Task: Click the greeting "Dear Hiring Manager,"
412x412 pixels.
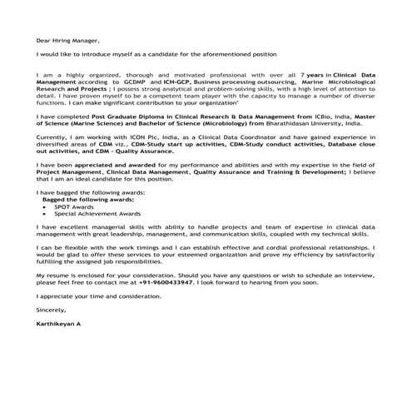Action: click(x=67, y=40)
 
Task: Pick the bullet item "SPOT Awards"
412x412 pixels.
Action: click(x=74, y=206)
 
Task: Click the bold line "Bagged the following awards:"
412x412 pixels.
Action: click(x=81, y=200)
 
